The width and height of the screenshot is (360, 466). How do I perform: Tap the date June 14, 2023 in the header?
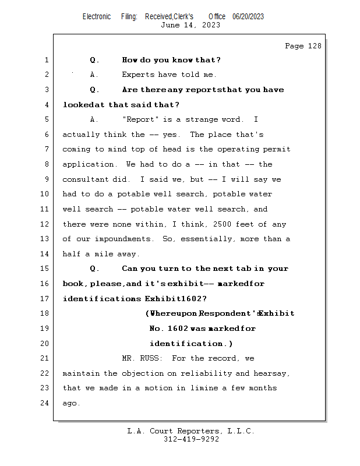(190, 25)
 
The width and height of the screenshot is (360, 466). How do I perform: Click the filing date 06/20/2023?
(248, 16)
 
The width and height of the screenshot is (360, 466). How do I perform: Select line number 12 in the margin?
(46, 224)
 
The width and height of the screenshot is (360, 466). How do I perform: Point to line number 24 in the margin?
(46, 403)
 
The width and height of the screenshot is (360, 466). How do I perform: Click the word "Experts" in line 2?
(137, 75)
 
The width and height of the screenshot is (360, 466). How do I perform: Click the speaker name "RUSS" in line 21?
(151, 358)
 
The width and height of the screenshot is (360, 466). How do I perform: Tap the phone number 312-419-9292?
(190, 439)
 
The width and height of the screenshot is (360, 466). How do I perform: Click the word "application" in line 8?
(87, 164)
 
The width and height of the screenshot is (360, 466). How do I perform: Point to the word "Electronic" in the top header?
(97, 16)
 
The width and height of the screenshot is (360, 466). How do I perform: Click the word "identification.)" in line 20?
(191, 344)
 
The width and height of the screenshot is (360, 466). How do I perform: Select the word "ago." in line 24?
(71, 403)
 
